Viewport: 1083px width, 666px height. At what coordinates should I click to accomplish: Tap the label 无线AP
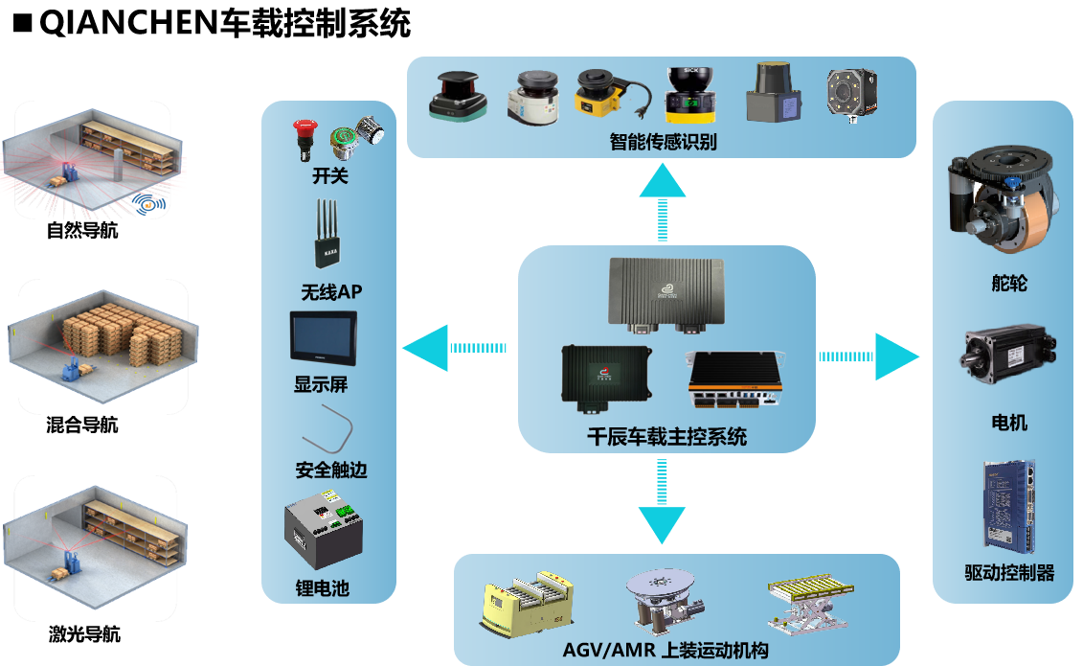pos(331,291)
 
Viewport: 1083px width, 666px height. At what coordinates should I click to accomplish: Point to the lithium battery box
pos(324,535)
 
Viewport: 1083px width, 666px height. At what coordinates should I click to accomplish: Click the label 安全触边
pos(331,471)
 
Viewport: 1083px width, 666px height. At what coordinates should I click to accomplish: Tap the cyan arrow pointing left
pos(425,347)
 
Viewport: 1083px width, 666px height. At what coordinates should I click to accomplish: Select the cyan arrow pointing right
pos(895,356)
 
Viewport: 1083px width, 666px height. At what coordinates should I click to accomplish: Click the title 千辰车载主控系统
pos(666,437)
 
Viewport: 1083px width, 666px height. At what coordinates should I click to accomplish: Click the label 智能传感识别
pos(663,143)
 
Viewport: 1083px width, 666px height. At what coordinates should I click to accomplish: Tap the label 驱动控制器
pos(1009,573)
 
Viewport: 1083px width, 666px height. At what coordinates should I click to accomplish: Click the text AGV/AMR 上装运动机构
pos(666,652)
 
